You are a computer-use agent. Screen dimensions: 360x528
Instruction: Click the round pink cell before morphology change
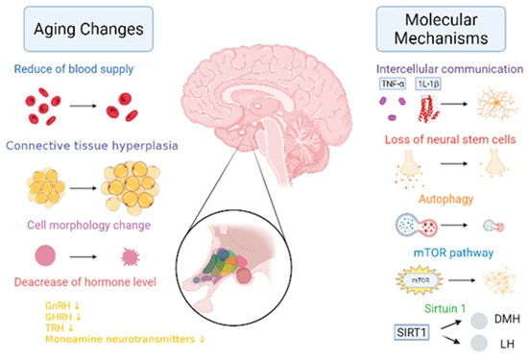pyautogui.click(x=44, y=256)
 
